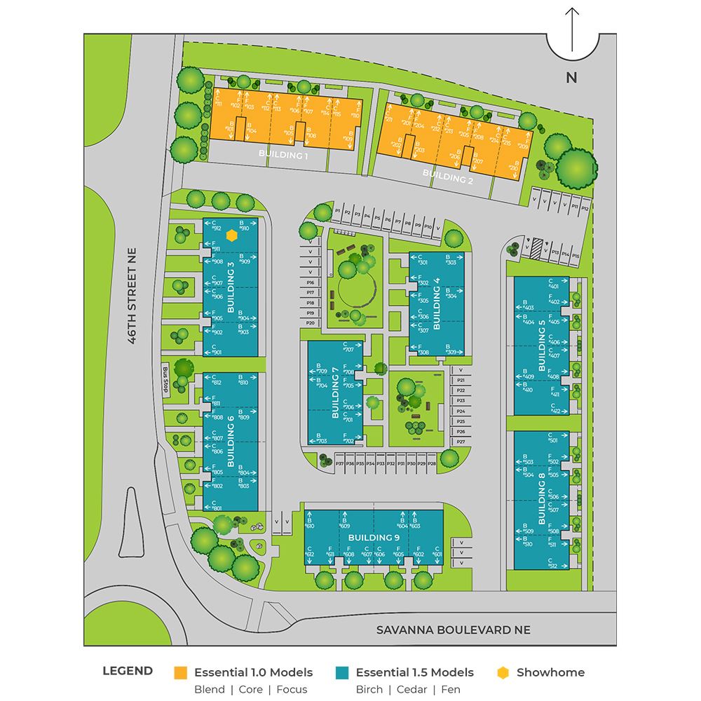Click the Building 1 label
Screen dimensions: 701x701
click(283, 155)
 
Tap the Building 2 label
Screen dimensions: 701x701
click(447, 175)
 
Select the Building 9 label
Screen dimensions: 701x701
click(374, 538)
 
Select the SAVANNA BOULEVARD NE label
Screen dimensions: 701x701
click(454, 629)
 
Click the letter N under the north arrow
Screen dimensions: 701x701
click(571, 78)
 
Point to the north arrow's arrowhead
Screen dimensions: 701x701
click(572, 11)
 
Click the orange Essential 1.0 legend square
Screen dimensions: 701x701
click(181, 672)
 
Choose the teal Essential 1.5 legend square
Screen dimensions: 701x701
click(343, 672)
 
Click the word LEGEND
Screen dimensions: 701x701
click(128, 671)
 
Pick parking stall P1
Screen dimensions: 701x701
click(337, 211)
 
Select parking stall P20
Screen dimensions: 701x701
click(311, 322)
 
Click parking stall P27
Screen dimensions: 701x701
click(461, 442)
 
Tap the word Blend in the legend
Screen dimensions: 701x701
click(210, 689)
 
